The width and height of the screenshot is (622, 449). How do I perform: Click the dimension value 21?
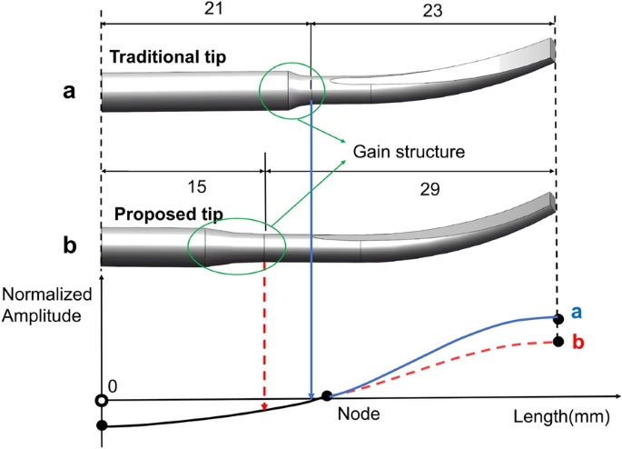[x=205, y=9]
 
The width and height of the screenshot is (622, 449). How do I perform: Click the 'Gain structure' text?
[x=409, y=151]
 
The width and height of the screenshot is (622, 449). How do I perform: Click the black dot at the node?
[x=326, y=396]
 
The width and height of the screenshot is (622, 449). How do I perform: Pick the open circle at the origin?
[x=102, y=400]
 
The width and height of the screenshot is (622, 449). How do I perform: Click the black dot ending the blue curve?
[x=555, y=317]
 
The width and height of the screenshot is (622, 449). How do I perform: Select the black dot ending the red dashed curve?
[x=555, y=343]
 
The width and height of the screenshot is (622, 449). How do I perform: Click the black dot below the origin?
[x=102, y=424]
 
